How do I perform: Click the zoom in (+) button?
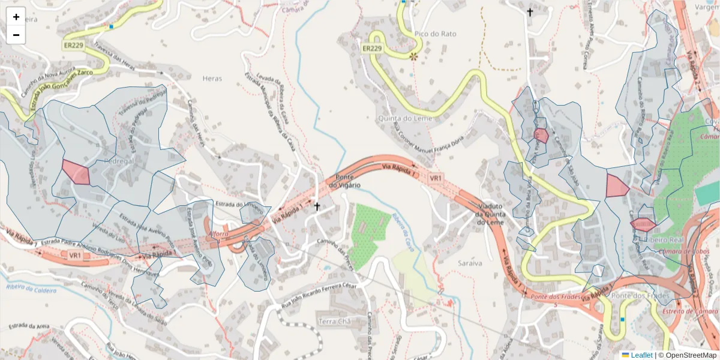[x=16, y=17]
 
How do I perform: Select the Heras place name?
[x=212, y=79]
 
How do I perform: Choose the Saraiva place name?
[x=470, y=263]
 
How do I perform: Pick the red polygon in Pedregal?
[x=76, y=173]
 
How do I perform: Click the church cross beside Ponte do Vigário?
[x=317, y=206]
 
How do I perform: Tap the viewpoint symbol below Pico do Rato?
[x=413, y=57]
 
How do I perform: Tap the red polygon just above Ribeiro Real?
[x=643, y=225]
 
